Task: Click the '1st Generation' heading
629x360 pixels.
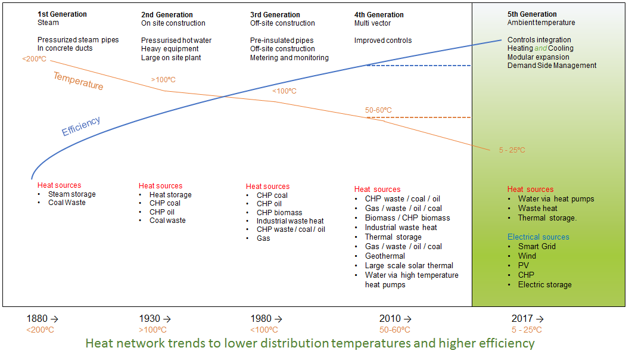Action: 62,14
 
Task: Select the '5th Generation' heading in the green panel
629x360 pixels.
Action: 532,14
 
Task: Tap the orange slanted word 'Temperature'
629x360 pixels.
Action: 78,80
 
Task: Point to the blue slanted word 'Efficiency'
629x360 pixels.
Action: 81,126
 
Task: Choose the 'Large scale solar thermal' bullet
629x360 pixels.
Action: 409,266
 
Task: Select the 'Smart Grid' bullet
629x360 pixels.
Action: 537,247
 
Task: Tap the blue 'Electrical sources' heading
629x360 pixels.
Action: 538,237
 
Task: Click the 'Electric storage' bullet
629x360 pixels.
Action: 544,285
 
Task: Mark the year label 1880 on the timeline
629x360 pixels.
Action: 37,319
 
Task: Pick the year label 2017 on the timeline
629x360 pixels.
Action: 522,319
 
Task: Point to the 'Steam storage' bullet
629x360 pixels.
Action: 71,194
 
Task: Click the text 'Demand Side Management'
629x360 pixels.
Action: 552,66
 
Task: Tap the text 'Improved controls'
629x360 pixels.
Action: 383,41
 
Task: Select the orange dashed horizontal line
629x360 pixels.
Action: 429,117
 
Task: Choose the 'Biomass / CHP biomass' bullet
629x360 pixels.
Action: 407,218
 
